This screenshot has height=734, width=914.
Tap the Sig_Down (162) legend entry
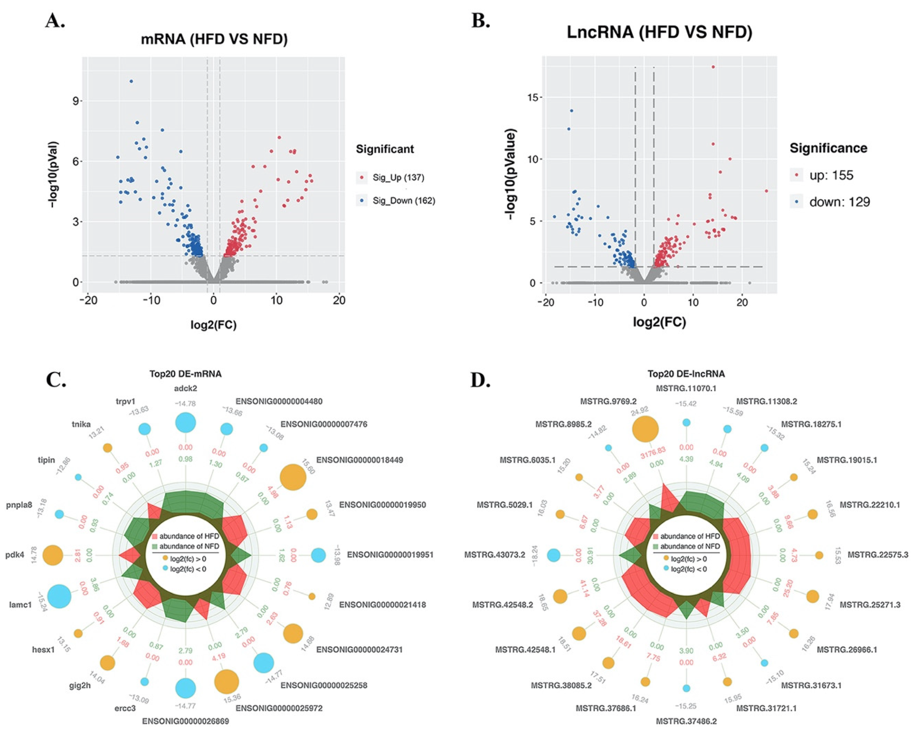[403, 201]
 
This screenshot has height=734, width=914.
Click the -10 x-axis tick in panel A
[151, 300]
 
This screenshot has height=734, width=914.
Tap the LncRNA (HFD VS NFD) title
[660, 33]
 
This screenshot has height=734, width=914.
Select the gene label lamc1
[20, 605]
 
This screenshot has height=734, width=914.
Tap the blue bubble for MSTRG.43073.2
[554, 555]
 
